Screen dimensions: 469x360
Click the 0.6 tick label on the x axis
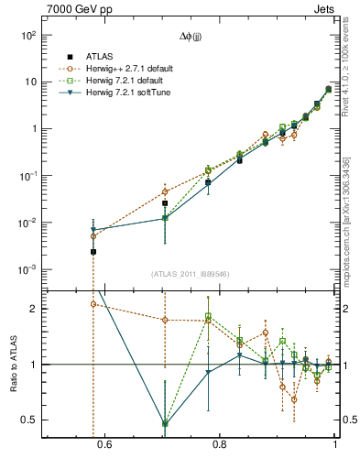point(104,446)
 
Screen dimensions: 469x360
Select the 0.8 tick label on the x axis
point(219,446)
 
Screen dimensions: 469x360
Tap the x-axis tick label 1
point(335,446)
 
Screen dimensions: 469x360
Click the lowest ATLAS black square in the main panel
point(93,251)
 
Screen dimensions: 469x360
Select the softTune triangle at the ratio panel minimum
point(165,424)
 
